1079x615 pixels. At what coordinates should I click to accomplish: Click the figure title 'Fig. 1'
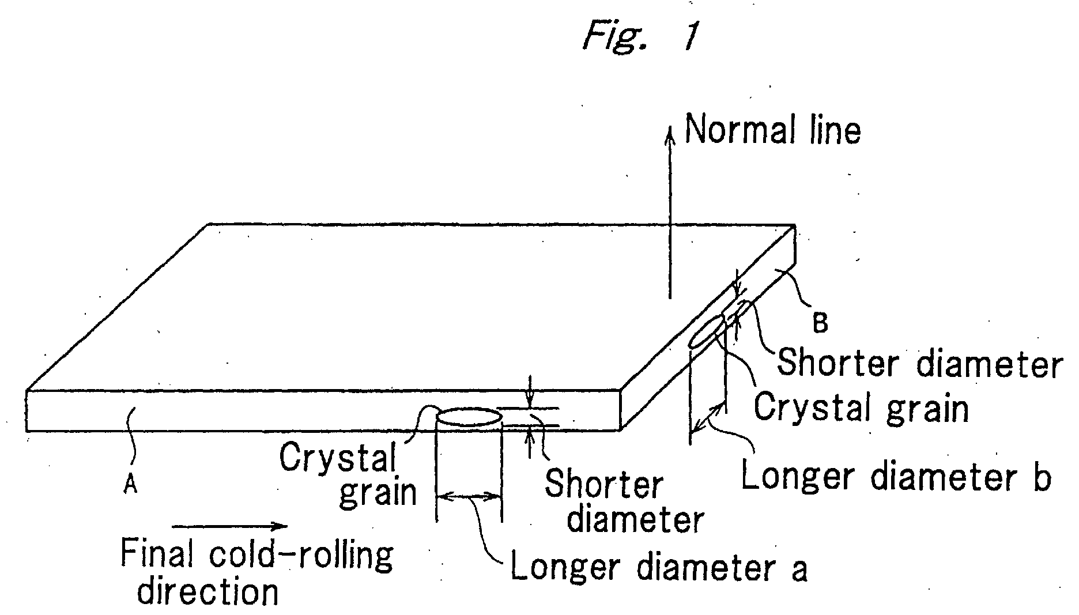coord(640,36)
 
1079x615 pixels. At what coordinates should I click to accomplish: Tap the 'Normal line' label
coord(772,130)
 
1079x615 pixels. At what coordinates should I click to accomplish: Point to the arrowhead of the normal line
coord(670,134)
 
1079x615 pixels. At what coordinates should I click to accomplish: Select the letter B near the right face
coord(820,323)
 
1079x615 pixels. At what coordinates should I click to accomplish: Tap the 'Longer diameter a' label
coord(659,568)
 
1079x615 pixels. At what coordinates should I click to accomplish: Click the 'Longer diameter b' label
coord(896,477)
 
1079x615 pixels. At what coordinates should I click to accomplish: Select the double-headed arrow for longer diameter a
coord(469,496)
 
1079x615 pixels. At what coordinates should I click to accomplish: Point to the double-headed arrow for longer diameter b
coord(708,418)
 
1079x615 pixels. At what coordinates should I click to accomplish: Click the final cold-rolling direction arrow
coord(229,525)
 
